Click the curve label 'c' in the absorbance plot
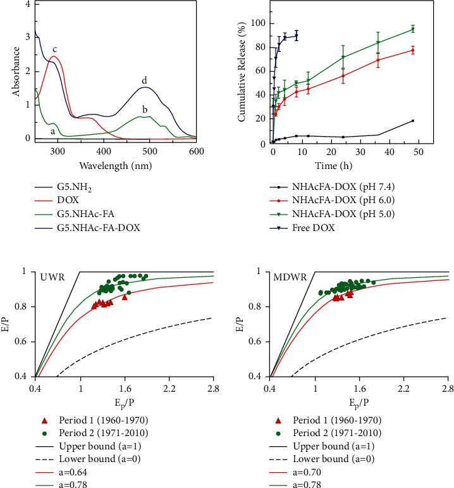(x=55, y=49)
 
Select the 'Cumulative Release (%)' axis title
(x=240, y=74)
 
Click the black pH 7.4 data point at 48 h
(x=412, y=121)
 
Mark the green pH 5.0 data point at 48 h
(x=412, y=29)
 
